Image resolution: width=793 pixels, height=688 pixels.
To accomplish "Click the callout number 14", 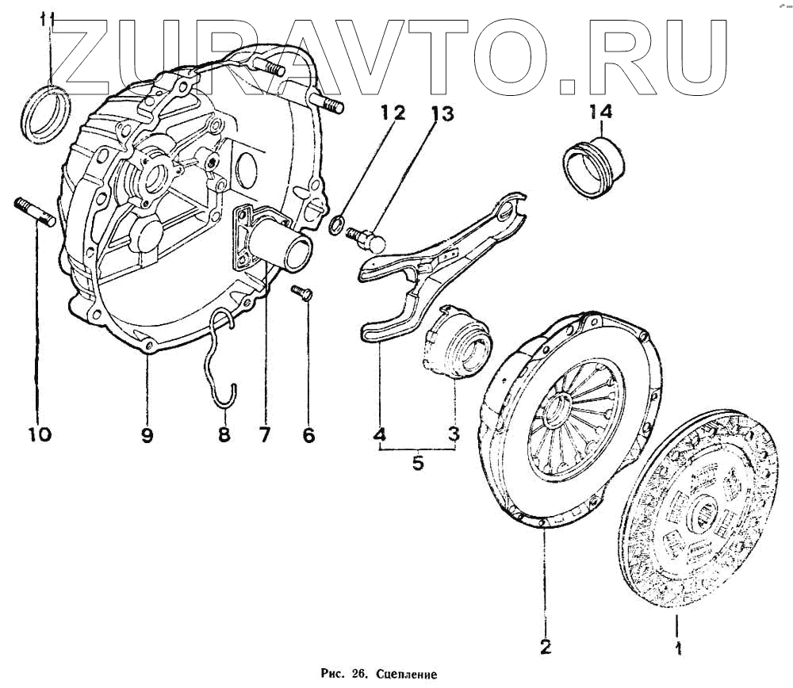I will point(600,112).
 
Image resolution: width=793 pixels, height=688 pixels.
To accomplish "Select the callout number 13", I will point(442,115).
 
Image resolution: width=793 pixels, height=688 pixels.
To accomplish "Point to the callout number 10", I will point(39,434).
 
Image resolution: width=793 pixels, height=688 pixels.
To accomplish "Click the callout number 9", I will point(147,434).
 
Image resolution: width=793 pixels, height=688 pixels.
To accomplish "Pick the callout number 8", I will point(224,434).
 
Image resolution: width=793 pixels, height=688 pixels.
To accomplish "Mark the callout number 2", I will point(545,646).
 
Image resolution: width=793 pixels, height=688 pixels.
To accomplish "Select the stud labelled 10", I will point(34,213).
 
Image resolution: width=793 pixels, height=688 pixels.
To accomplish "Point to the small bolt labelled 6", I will point(302,292).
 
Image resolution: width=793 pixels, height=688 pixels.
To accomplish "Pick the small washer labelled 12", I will point(336,224).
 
